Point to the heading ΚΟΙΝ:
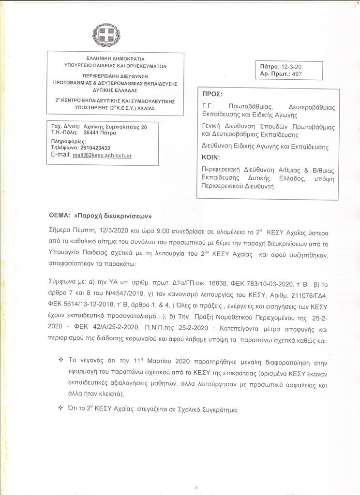pos(211,157)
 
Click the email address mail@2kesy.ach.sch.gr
pos(105,156)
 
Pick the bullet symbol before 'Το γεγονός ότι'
pos(61,360)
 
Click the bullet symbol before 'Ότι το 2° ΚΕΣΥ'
pos(61,408)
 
